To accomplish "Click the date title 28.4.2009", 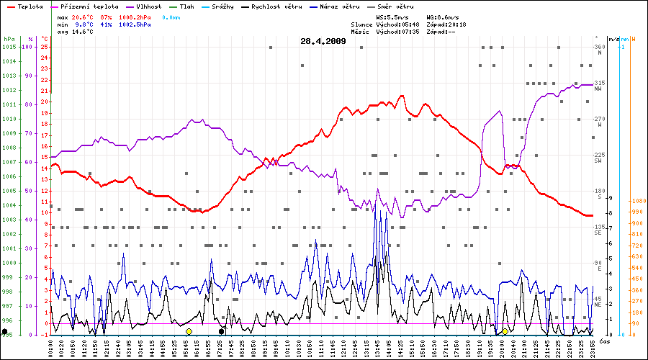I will click(323, 41).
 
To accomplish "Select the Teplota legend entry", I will click(30, 6).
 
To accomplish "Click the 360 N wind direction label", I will click(599, 49).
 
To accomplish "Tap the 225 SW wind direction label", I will click(598, 157).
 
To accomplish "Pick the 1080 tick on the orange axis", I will click(637, 201).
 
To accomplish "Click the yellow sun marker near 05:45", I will click(189, 331).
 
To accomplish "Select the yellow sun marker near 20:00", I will click(505, 331).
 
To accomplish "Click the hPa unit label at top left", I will click(8, 38).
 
